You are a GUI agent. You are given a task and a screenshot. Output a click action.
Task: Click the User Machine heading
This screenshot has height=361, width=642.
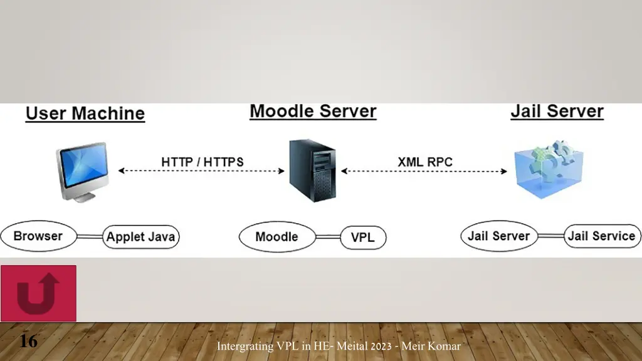point(85,113)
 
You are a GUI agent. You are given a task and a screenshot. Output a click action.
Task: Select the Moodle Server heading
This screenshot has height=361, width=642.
point(313,112)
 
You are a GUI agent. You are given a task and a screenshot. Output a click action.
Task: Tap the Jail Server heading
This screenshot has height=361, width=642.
point(557,112)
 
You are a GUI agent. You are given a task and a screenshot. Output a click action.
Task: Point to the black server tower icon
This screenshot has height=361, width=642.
point(312,170)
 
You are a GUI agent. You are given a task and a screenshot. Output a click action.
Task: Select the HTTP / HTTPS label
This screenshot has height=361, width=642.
point(203,161)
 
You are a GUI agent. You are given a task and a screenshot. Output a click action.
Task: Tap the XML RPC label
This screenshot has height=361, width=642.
point(425,161)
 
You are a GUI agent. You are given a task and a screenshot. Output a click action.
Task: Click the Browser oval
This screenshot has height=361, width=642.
point(38,236)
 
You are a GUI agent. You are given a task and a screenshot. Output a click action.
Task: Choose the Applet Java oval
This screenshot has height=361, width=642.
point(141,237)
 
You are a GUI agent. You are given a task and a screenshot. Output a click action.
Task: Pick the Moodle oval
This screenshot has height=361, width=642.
point(276,237)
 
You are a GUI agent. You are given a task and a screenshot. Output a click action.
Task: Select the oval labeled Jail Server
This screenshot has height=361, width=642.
point(499,236)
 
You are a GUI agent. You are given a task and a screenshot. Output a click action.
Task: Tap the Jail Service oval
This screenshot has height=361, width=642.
point(601,236)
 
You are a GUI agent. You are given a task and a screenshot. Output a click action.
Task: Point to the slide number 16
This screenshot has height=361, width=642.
point(28,342)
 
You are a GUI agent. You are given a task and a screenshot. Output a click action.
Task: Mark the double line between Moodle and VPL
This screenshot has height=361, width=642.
point(328,237)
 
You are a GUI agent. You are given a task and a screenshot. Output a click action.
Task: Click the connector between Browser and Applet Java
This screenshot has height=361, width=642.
point(90,237)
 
